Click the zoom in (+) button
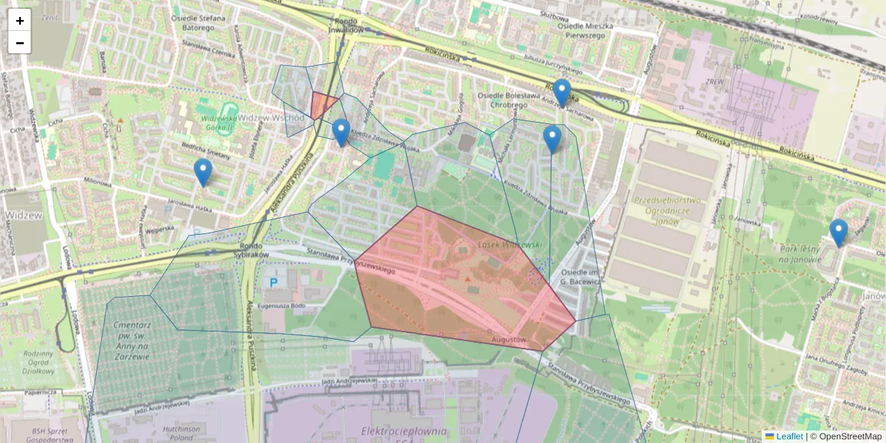(20, 21)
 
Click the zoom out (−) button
(20, 43)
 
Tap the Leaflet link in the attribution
(789, 436)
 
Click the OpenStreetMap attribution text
(850, 436)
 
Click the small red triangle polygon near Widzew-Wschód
(323, 104)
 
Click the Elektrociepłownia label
(403, 431)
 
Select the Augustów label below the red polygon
(508, 340)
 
